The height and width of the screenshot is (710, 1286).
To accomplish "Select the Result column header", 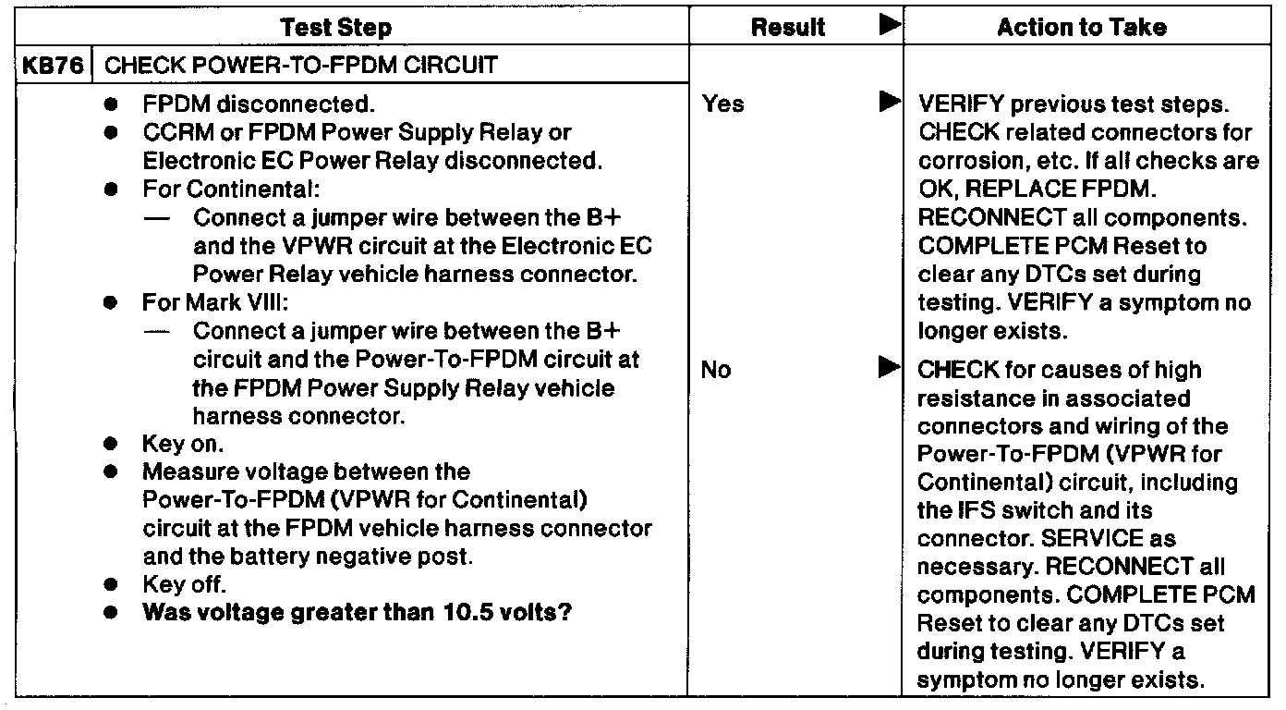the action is click(x=787, y=28).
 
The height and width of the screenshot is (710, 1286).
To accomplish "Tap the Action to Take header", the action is click(x=1081, y=28).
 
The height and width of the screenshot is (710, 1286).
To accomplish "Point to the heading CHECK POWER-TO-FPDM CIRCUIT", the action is click(x=302, y=66).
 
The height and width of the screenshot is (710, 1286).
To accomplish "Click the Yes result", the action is click(x=722, y=104).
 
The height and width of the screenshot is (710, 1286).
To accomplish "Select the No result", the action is click(x=716, y=371).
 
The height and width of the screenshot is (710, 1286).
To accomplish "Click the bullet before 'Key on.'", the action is click(x=111, y=445).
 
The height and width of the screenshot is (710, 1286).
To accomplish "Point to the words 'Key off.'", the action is click(x=184, y=584).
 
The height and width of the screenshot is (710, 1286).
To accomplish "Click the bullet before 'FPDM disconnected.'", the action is click(x=111, y=104).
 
